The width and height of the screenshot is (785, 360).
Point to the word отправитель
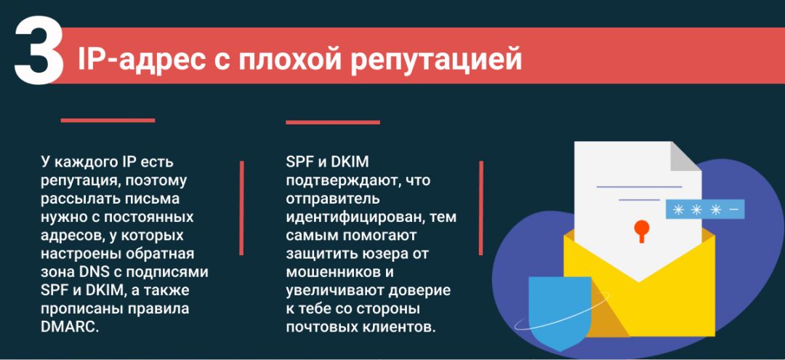coord(332,198)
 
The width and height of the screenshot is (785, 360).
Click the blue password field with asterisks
coord(704,209)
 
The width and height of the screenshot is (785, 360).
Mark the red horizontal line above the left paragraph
coord(108,120)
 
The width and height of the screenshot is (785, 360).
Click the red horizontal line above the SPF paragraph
coord(332,122)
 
